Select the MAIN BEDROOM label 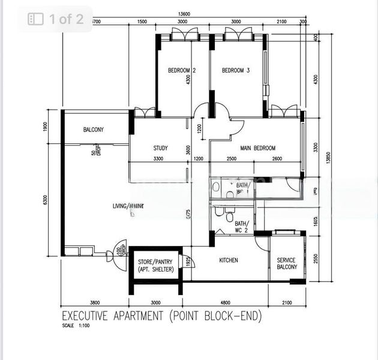(258, 148)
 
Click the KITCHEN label (228, 260)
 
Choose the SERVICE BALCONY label (286, 263)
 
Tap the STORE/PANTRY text (155, 262)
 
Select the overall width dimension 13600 (185, 14)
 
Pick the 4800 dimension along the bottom (225, 303)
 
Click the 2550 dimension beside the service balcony (316, 260)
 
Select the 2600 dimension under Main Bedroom (276, 159)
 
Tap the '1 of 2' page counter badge (56, 19)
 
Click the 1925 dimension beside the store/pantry (188, 263)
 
